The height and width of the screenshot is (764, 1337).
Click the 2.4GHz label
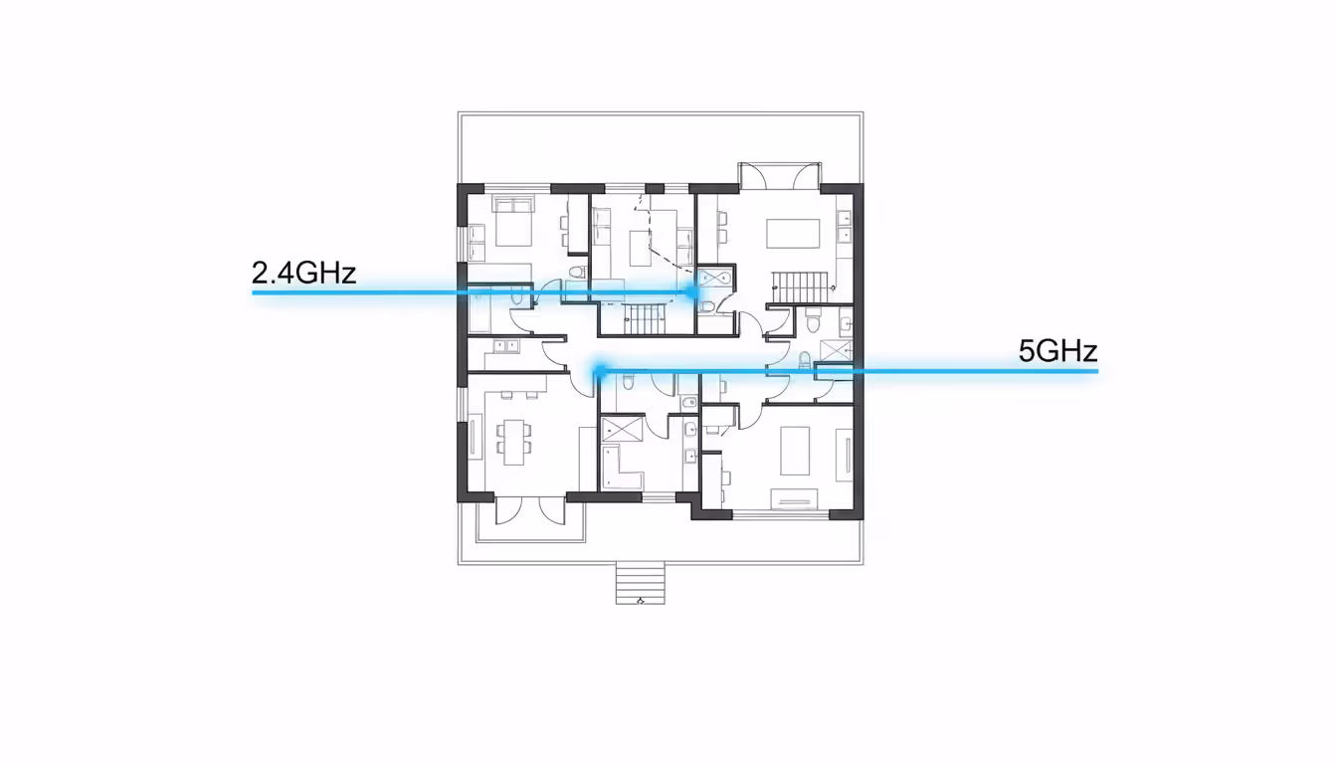[x=303, y=273]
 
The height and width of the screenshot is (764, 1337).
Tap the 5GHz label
[x=1057, y=351]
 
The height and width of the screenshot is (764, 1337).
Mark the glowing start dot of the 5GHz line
[x=599, y=371]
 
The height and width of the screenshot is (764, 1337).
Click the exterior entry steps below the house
[x=640, y=582]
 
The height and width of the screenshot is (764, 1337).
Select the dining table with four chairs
[x=514, y=441]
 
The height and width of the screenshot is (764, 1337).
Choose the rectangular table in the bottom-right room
[x=802, y=451]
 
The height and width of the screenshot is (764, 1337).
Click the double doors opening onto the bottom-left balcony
[x=523, y=511]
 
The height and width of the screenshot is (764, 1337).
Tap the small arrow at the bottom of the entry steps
[x=641, y=600]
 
